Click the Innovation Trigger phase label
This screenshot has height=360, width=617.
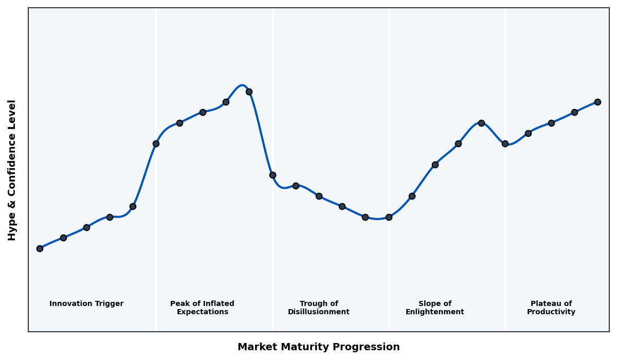[x=86, y=304]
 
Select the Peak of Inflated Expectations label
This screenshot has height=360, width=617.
[x=202, y=308]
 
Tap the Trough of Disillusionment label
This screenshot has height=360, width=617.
[x=319, y=308]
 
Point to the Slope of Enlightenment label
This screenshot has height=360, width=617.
[x=435, y=308]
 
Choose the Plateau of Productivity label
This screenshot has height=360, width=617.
[x=551, y=308]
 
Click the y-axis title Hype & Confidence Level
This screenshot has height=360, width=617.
[x=12, y=170]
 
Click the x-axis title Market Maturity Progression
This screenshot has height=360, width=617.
[x=319, y=347]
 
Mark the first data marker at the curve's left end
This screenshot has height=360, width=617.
[x=40, y=248]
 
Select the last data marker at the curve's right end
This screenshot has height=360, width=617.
[x=597, y=102]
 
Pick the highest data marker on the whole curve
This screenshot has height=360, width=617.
[x=249, y=92]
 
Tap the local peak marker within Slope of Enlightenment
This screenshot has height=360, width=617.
[x=481, y=123]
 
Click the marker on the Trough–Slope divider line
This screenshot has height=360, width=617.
[x=389, y=217]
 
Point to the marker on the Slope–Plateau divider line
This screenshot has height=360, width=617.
[x=505, y=143]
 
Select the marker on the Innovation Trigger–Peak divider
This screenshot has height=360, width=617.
[x=156, y=143]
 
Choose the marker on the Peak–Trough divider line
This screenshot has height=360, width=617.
[x=273, y=175]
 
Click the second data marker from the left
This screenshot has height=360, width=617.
[x=63, y=238]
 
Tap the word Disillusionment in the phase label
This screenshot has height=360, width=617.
[x=319, y=312]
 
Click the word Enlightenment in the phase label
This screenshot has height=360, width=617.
[x=435, y=312]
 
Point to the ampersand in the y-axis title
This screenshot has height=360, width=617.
[x=12, y=189]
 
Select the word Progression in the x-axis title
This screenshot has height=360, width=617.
[x=373, y=347]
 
